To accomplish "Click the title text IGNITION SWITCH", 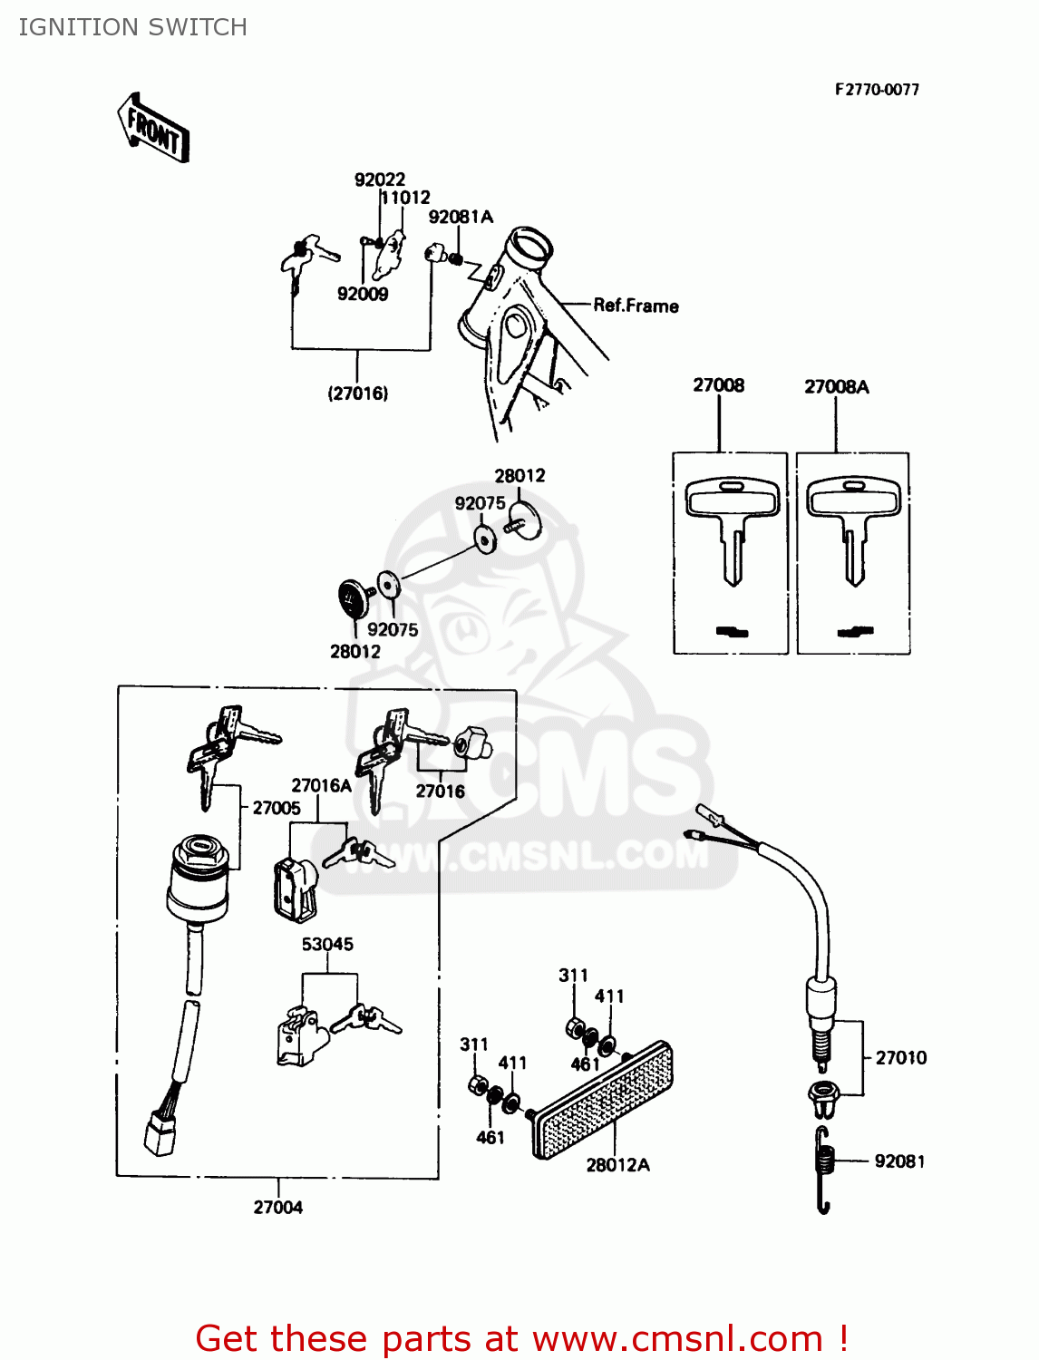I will coord(132,27).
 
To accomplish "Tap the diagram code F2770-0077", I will coord(877,89).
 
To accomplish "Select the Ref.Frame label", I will coord(636,306).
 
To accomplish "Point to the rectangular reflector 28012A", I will coord(604,1100).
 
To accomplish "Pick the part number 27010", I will coord(900,1057).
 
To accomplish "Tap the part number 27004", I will coord(277,1207).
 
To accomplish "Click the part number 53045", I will coord(327,944).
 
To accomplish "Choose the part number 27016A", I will coord(321,785).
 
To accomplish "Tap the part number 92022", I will coord(379,180).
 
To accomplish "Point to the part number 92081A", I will coord(461,217).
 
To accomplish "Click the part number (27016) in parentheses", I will coord(357,393).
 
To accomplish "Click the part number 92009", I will coord(362,294).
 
